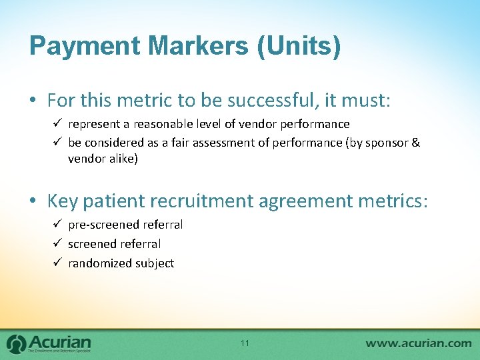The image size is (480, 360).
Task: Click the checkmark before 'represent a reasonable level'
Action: (x=58, y=124)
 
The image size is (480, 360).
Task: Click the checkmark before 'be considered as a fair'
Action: (x=58, y=143)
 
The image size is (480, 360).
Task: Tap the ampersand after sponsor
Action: (x=416, y=143)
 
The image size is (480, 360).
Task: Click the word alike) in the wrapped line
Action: (x=120, y=159)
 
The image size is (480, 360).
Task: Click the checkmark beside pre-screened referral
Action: (x=58, y=225)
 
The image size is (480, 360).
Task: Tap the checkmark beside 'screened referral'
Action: (x=58, y=244)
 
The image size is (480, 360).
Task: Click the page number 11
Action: (x=245, y=343)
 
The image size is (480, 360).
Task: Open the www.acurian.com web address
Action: (x=418, y=343)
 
